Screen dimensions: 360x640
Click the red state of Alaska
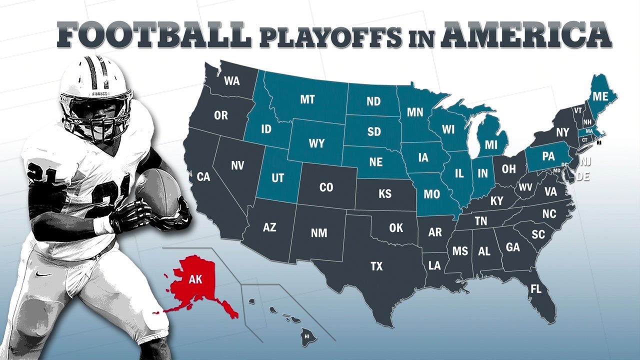[195, 282]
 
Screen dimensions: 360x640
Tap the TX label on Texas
[376, 266]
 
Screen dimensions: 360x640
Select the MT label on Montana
[307, 99]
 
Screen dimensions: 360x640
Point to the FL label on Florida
[536, 289]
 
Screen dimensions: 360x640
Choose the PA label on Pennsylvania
[548, 156]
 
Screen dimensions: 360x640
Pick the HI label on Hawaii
[307, 336]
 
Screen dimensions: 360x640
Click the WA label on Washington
[231, 80]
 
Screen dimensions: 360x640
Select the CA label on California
[203, 176]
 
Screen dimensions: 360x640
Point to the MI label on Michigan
[491, 145]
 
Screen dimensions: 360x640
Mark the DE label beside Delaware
[583, 176]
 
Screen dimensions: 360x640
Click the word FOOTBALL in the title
[153, 35]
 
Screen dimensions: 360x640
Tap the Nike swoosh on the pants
[44, 273]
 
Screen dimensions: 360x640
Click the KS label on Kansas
[385, 194]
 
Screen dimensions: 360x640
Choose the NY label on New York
[562, 132]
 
